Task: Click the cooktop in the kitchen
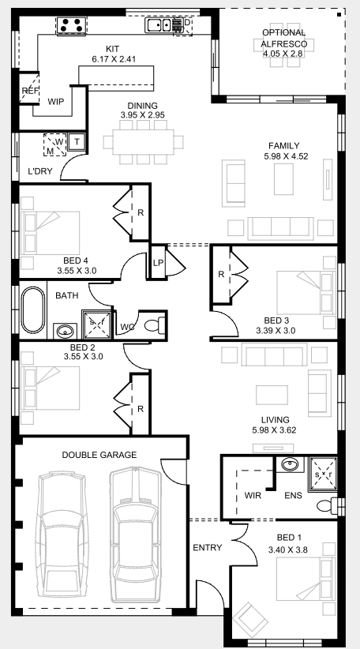point(71,25)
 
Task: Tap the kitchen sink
point(158,24)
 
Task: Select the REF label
point(29,91)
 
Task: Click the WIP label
point(56,101)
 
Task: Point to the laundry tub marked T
point(77,142)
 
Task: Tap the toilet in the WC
point(155,325)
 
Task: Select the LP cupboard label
point(158,263)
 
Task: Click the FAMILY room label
point(284,146)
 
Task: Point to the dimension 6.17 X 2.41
point(114,58)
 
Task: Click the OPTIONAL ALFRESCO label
point(284,38)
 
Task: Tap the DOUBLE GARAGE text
point(99,455)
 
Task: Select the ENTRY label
point(208,548)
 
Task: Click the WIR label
point(253,496)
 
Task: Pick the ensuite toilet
point(330,505)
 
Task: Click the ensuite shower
point(324,474)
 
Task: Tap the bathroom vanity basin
point(65,331)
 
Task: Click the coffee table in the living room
point(272,395)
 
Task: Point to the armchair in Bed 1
point(250,620)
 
